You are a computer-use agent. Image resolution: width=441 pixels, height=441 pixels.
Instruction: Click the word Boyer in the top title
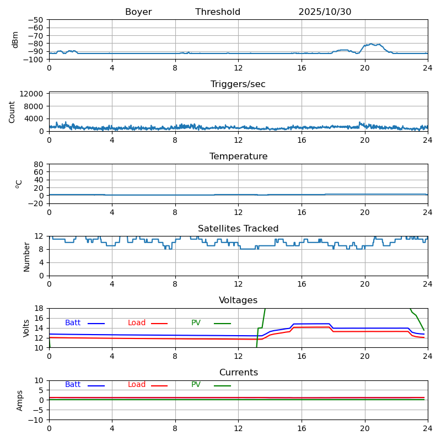pyautogui.click(x=138, y=12)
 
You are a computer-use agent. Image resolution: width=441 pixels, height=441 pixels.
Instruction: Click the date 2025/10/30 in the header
pyautogui.click(x=325, y=12)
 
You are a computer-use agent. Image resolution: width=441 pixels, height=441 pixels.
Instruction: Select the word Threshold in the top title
pyautogui.click(x=218, y=12)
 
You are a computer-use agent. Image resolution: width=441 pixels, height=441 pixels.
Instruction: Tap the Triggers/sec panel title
pyautogui.click(x=238, y=84)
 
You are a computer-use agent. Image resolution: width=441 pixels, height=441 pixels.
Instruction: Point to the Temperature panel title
pyautogui.click(x=238, y=157)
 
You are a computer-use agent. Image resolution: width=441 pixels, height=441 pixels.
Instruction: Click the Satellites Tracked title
pyautogui.click(x=238, y=229)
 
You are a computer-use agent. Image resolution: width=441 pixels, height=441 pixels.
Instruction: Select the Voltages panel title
pyautogui.click(x=238, y=300)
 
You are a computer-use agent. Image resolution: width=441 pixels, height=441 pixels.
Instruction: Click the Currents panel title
pyautogui.click(x=238, y=373)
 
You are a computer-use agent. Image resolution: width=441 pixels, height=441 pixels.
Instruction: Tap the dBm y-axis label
pyautogui.click(x=15, y=40)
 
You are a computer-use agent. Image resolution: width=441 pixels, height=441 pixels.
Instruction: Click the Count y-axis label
pyautogui.click(x=12, y=112)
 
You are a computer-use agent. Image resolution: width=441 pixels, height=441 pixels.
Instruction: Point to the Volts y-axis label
pyautogui.click(x=26, y=328)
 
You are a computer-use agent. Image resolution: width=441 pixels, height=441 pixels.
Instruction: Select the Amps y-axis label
pyautogui.click(x=20, y=400)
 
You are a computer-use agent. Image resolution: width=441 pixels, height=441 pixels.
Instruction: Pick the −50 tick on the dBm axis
pyautogui.click(x=36, y=20)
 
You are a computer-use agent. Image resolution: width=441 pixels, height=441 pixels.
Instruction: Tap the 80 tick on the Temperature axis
pyautogui.click(x=40, y=164)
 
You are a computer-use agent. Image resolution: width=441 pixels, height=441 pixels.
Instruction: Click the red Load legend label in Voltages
pyautogui.click(x=137, y=323)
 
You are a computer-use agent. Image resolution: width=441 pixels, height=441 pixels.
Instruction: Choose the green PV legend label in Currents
pyautogui.click(x=196, y=385)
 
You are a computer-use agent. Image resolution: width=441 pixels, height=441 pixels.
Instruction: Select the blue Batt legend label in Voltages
pyautogui.click(x=73, y=323)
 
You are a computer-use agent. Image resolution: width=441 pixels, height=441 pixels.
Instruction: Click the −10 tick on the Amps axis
pyautogui.click(x=37, y=420)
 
